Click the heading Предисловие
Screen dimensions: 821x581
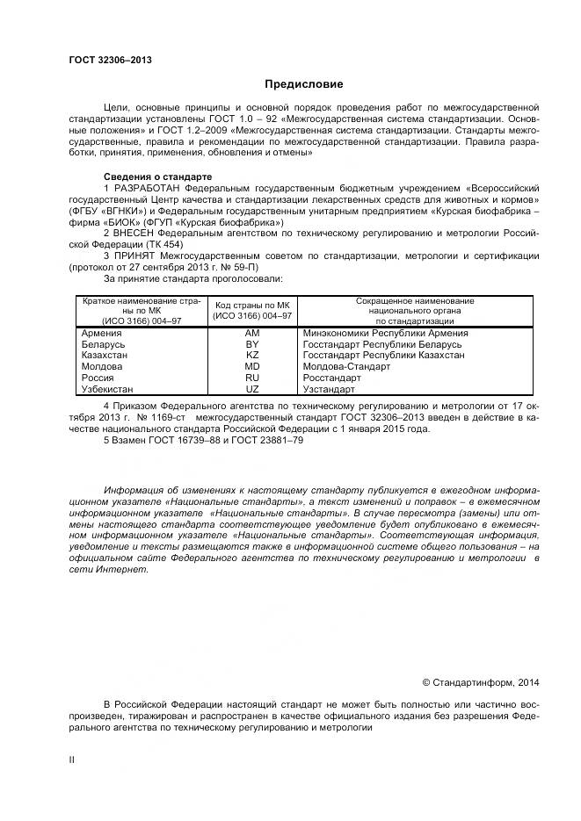[x=304, y=84]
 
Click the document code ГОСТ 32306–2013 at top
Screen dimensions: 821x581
[x=110, y=60]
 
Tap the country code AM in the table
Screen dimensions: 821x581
[x=252, y=334]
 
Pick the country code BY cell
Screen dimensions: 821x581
[x=252, y=345]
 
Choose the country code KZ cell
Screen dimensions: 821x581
[x=252, y=356]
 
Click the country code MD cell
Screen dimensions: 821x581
[x=252, y=366]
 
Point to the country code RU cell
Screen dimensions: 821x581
[x=252, y=378]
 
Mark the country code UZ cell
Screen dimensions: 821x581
[x=252, y=388]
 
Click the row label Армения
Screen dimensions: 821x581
[x=102, y=334]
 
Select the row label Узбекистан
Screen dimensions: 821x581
[x=108, y=388]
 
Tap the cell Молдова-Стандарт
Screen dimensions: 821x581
[x=346, y=366]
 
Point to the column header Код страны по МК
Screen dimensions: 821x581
[x=252, y=305]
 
